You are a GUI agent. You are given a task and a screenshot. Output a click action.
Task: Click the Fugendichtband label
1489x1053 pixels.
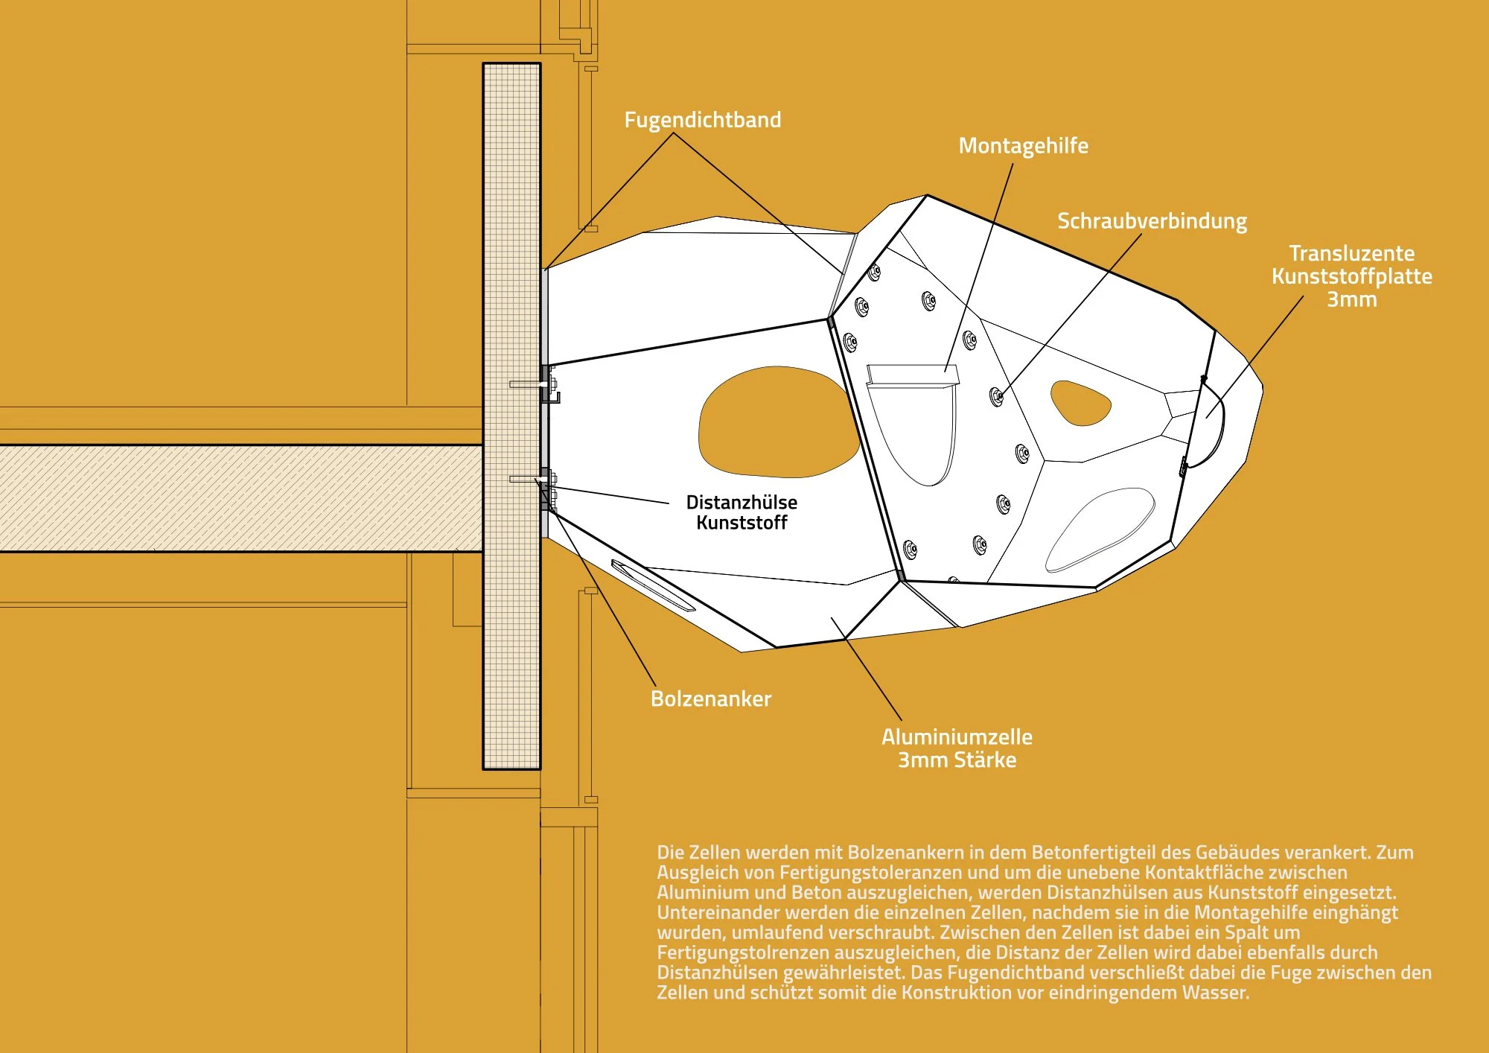click(702, 120)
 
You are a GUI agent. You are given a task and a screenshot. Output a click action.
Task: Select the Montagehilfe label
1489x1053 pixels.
click(1023, 146)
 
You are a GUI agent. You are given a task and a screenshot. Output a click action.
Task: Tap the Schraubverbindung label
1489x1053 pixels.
click(1152, 221)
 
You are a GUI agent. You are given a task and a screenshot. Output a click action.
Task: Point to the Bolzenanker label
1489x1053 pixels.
click(710, 699)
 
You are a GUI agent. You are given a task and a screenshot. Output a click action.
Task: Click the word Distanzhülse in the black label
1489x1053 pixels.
click(742, 502)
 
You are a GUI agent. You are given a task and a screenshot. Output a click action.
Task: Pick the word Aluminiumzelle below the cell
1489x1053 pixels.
click(957, 737)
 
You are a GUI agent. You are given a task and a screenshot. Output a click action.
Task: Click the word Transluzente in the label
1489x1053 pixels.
click(1351, 253)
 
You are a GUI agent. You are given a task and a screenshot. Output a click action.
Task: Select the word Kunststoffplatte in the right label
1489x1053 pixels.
click(1351, 276)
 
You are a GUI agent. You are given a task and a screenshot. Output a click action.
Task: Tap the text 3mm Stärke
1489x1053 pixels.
click(957, 760)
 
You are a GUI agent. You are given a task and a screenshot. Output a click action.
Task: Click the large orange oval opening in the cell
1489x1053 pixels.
click(778, 422)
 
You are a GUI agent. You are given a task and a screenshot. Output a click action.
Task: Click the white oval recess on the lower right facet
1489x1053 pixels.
click(1100, 528)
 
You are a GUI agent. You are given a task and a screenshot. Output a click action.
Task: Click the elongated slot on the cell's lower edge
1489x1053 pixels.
click(652, 585)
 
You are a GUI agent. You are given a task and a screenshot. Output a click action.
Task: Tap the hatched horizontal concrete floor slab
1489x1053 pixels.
click(238, 497)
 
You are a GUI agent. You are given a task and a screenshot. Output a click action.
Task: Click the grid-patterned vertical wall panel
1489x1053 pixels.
click(511, 223)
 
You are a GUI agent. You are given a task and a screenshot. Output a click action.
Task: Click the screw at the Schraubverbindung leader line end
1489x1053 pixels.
click(997, 396)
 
